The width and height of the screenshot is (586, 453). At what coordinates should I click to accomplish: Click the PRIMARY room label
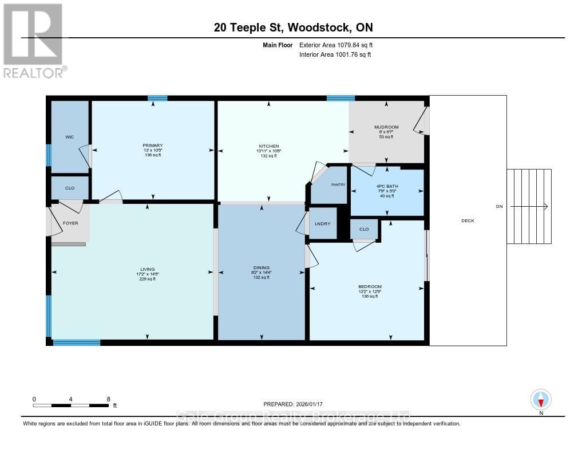pyautogui.click(x=153, y=145)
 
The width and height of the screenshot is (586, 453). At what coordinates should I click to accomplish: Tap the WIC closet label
pyautogui.click(x=69, y=137)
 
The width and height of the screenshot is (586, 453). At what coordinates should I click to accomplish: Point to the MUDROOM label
pyautogui.click(x=386, y=127)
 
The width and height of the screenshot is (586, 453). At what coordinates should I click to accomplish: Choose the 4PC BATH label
pyautogui.click(x=387, y=186)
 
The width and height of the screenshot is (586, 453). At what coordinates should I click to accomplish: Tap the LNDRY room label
pyautogui.click(x=323, y=223)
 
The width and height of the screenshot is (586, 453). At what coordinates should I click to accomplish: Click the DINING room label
pyautogui.click(x=261, y=267)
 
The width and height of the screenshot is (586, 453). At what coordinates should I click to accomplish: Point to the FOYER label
pyautogui.click(x=70, y=223)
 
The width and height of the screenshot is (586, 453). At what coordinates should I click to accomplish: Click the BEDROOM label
pyautogui.click(x=370, y=286)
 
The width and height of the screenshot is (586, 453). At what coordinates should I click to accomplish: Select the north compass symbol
pyautogui.click(x=541, y=399)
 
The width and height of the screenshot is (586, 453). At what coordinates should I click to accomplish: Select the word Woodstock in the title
pyautogui.click(x=323, y=27)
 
